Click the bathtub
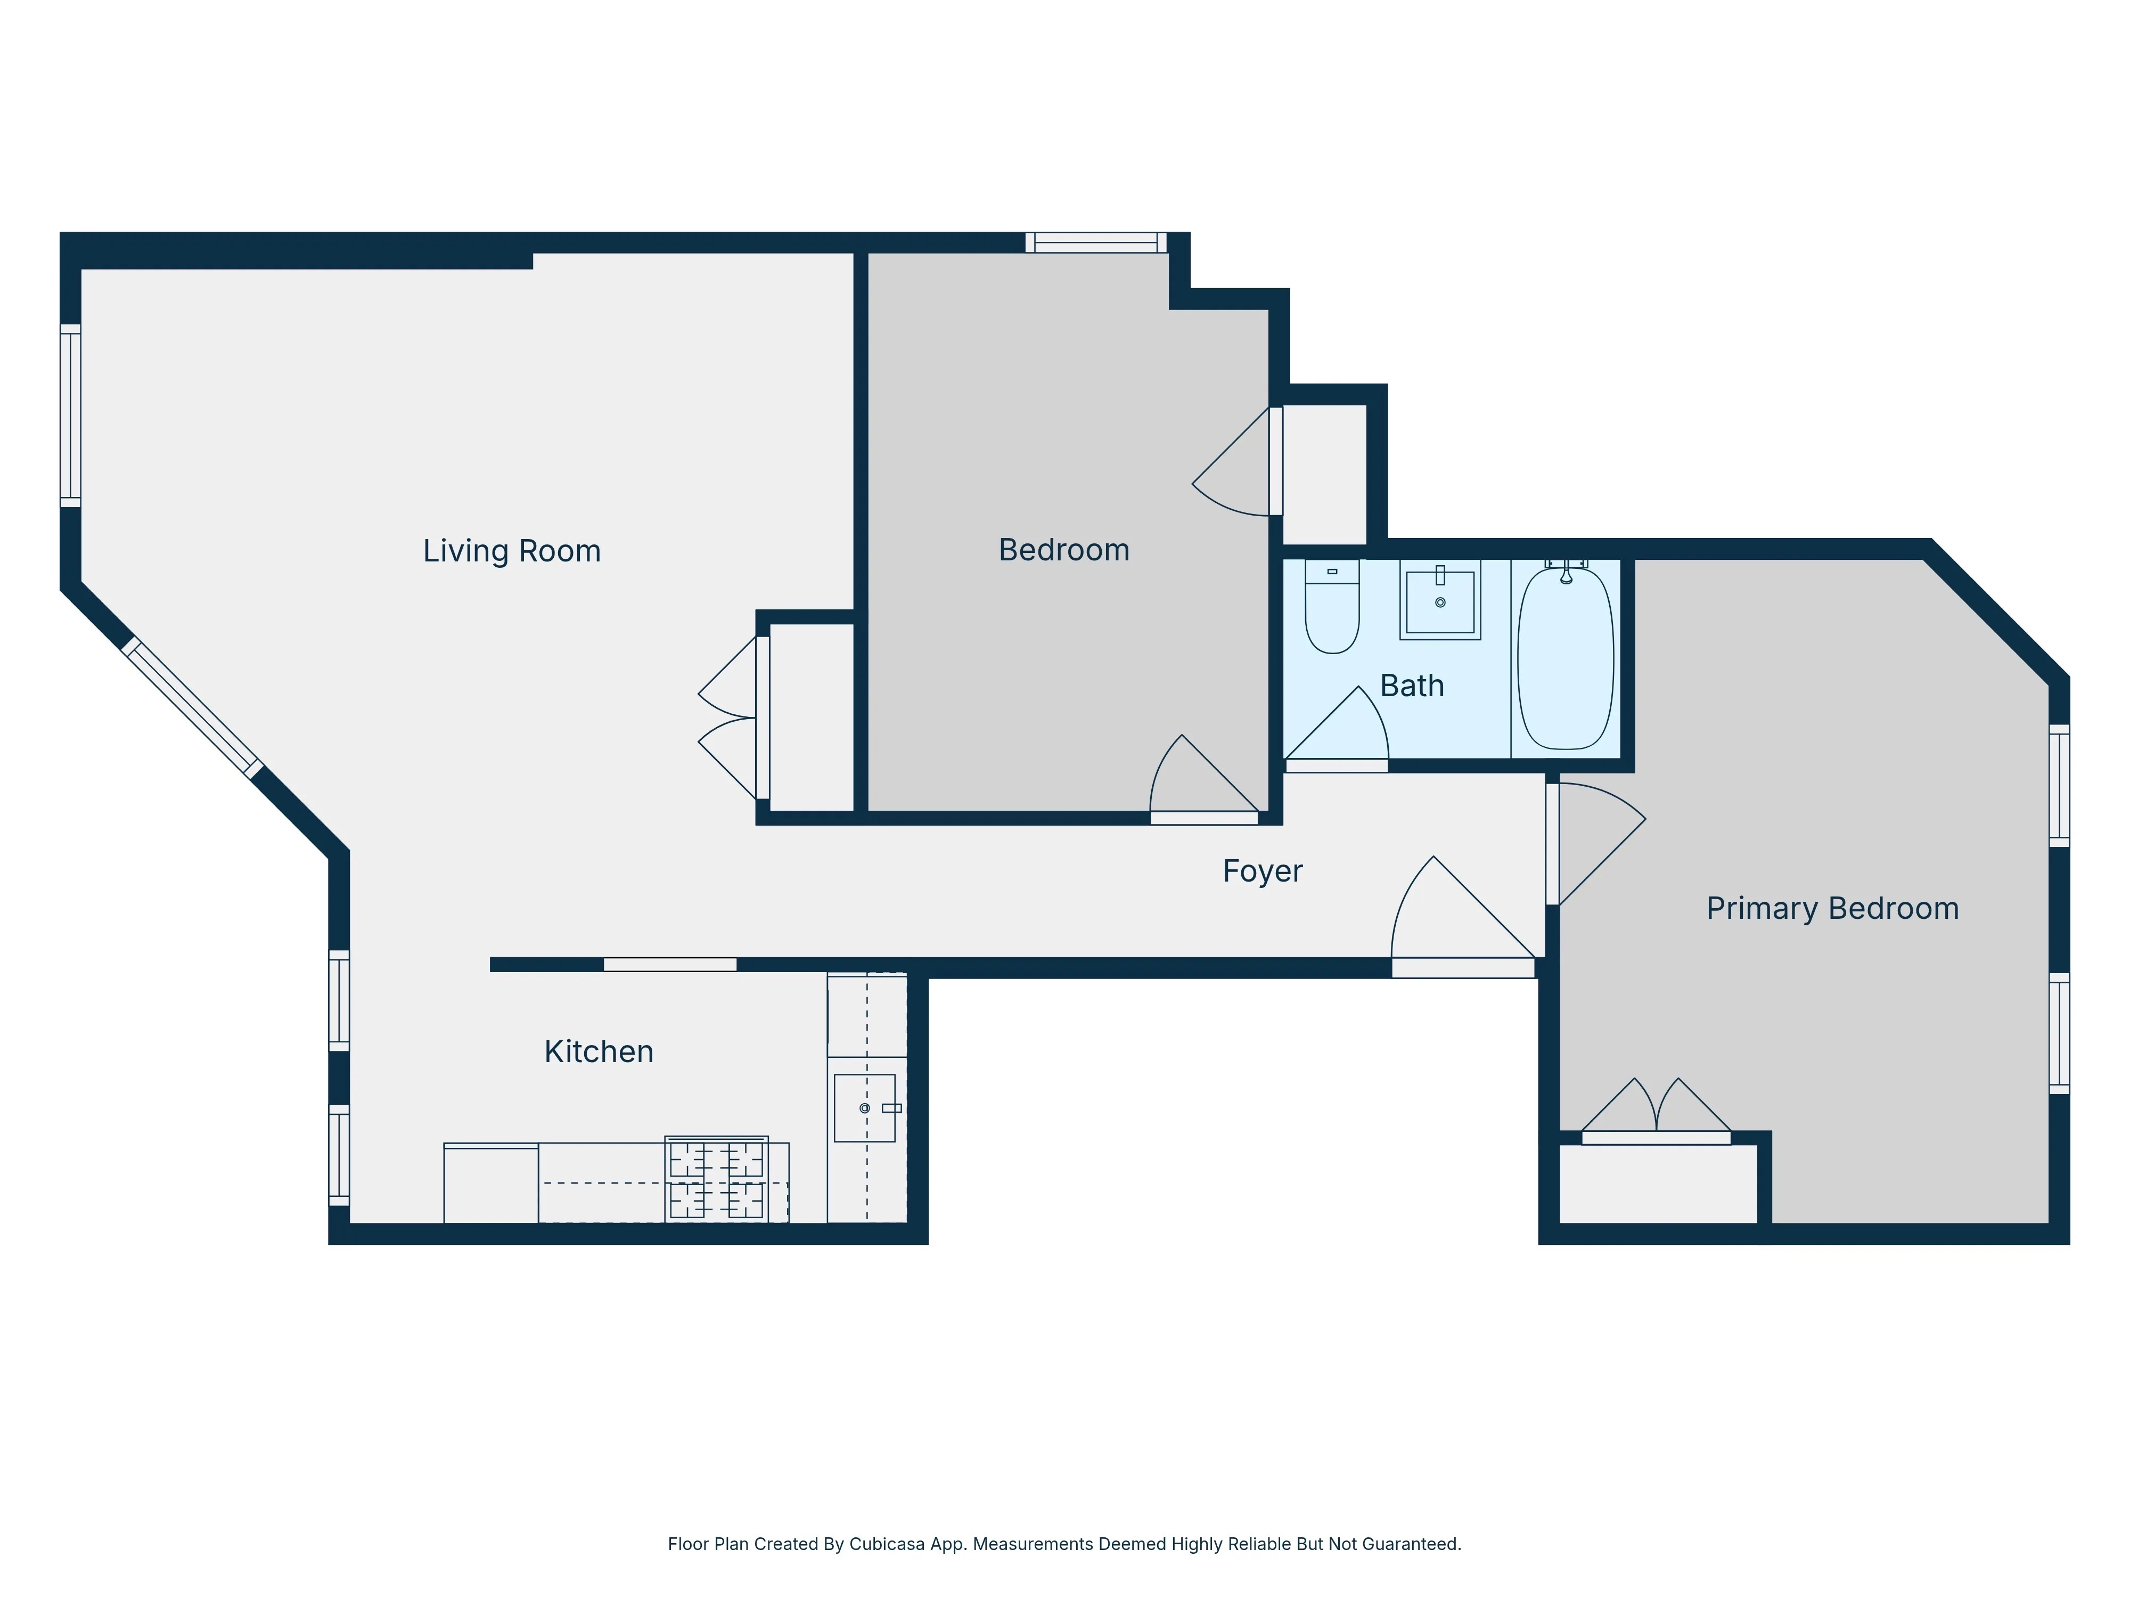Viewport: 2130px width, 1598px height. tap(1565, 660)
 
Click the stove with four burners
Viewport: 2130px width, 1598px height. tap(716, 1180)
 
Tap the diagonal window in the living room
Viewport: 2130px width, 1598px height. tap(192, 708)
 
